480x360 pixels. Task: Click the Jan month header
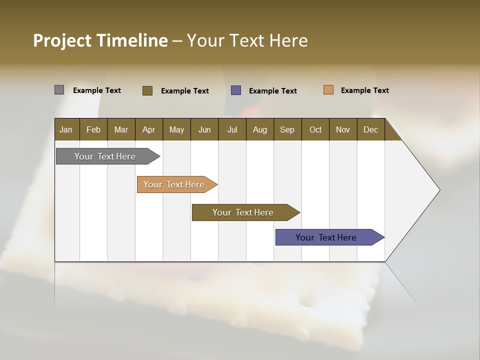66,130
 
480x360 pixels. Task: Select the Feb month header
93,130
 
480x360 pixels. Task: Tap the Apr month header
148,130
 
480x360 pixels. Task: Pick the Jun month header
204,130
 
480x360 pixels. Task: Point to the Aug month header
259,130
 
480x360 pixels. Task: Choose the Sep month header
287,130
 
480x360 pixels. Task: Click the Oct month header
315,130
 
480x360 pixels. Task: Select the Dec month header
370,130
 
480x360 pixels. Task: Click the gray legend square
59,90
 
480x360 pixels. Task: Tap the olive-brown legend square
147,90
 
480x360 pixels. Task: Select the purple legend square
236,90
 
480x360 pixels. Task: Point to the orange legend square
328,90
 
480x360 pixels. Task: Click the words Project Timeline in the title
100,40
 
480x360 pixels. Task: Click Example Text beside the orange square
364,90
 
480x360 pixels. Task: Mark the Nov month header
343,130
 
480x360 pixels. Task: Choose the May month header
176,130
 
